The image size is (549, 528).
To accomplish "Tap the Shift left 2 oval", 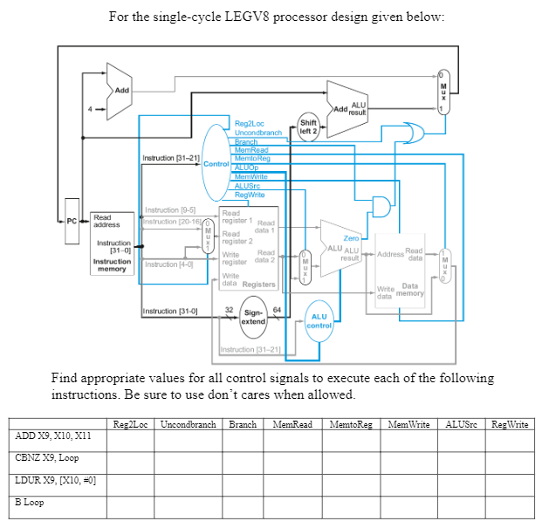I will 308,126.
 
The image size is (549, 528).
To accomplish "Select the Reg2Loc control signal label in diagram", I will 250,125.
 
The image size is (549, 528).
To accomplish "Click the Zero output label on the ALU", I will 352,237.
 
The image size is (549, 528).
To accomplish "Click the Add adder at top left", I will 121,90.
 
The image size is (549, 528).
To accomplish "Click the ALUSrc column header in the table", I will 459,425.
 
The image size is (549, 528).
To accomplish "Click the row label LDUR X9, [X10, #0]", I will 56,481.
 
